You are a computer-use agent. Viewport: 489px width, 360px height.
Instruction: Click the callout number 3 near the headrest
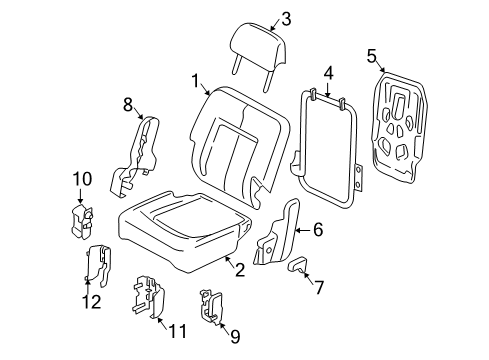click(x=286, y=19)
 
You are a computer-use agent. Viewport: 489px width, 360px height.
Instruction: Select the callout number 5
click(x=372, y=56)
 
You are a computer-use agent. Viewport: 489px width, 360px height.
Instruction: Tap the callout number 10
click(x=82, y=179)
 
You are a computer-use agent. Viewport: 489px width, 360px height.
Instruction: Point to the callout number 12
click(x=92, y=302)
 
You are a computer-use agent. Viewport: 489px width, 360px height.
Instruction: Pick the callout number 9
click(x=235, y=337)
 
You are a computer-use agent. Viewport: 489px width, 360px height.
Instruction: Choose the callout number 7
click(x=319, y=287)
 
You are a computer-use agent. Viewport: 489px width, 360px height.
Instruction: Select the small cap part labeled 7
click(x=297, y=265)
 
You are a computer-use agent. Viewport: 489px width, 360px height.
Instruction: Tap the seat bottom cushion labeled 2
click(x=183, y=230)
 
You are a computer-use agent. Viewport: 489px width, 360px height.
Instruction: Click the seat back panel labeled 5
click(x=400, y=127)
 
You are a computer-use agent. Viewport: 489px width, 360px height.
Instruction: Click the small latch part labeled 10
click(x=82, y=222)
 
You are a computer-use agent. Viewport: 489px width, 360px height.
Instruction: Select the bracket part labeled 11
click(x=149, y=296)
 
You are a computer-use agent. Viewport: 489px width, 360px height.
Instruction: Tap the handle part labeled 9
click(x=211, y=306)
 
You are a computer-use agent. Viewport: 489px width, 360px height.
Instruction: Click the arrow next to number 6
click(x=303, y=230)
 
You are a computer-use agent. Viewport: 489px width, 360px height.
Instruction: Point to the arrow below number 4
click(x=328, y=89)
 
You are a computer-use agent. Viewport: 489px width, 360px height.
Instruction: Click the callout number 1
click(x=195, y=81)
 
